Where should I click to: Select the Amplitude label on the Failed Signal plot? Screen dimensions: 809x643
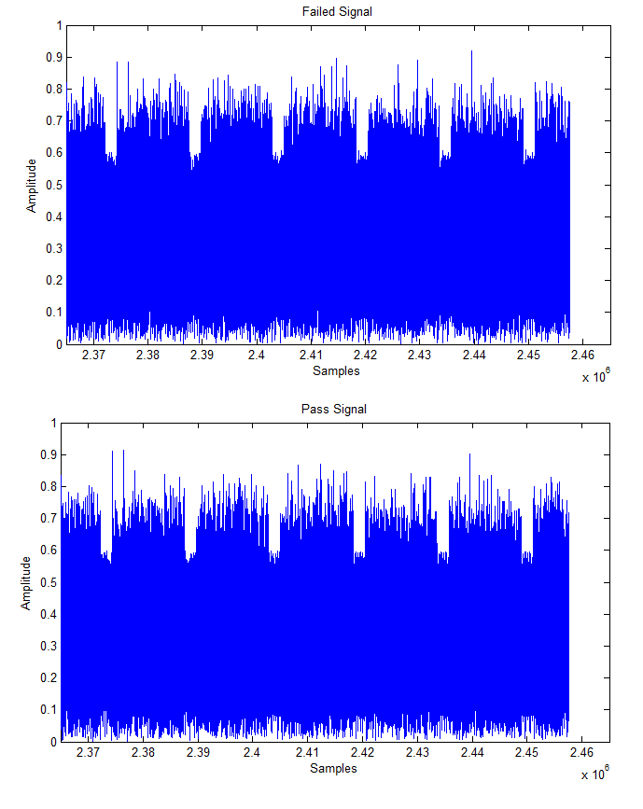click(x=32, y=185)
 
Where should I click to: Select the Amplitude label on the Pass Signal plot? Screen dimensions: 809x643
click(x=27, y=582)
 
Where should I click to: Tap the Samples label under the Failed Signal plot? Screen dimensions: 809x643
click(x=336, y=371)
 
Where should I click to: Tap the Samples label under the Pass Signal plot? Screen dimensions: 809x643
click(x=334, y=769)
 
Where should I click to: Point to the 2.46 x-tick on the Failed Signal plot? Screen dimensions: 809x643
click(x=582, y=356)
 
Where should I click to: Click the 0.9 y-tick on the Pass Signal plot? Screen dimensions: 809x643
click(x=47, y=455)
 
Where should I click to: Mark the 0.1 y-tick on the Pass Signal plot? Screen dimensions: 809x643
click(x=47, y=709)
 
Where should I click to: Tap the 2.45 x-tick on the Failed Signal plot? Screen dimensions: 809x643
click(x=528, y=356)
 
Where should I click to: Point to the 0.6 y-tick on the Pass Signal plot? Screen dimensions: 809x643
click(x=47, y=551)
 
